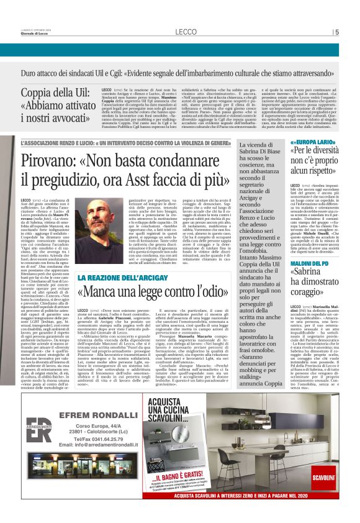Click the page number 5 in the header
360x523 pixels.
pos(337,32)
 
